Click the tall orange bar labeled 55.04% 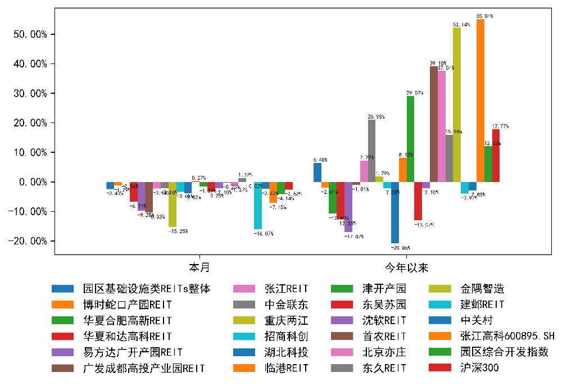coord(480,101)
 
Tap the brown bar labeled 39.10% coord(434,124)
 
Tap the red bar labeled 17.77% coord(496,156)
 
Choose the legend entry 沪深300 coord(479,368)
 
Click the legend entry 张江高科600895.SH coord(507,336)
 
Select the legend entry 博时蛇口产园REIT coord(127,305)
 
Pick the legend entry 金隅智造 coord(482,289)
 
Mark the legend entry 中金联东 coord(287,305)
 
